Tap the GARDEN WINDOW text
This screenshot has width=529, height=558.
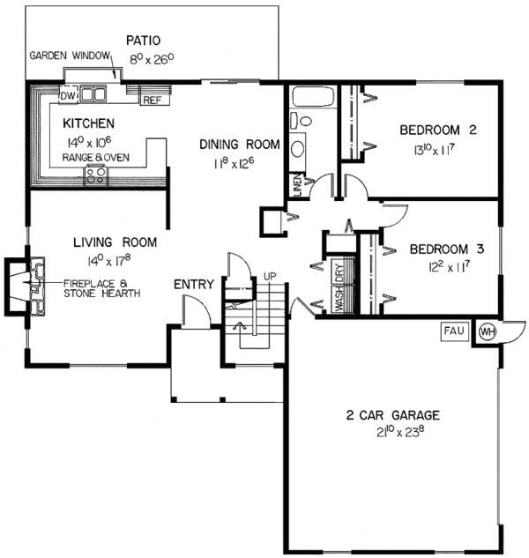pos(71,55)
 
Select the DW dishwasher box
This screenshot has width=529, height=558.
pos(68,94)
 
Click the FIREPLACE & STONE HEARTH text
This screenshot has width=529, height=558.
pos(101,287)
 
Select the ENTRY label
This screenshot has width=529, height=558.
pos(193,284)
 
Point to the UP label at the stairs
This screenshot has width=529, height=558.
pos(272,277)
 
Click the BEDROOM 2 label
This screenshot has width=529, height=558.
pos(437,130)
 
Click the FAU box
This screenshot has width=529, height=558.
pos(453,331)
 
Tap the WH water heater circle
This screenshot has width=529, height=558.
pos(488,331)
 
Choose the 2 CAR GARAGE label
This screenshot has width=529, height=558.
pos(393,415)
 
